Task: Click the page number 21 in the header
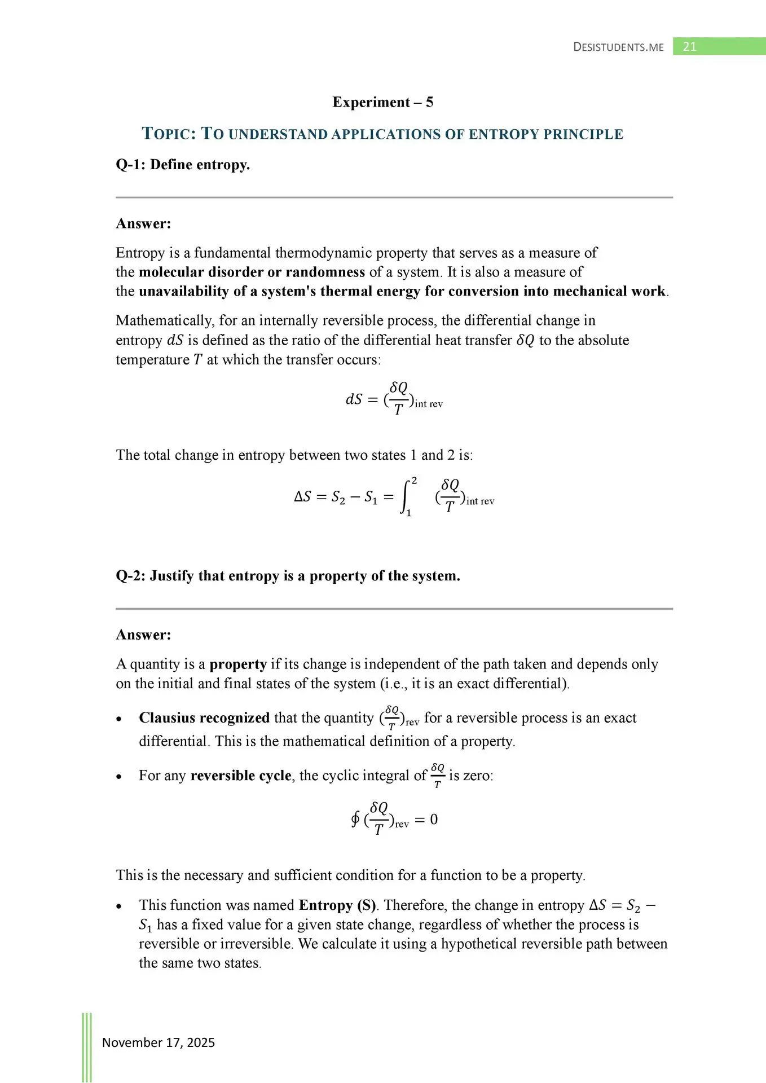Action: click(x=689, y=47)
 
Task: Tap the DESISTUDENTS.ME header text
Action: click(x=618, y=47)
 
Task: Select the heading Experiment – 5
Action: click(x=382, y=102)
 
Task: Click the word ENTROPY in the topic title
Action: click(x=504, y=134)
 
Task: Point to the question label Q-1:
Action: click(x=131, y=165)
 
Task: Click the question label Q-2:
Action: click(x=131, y=576)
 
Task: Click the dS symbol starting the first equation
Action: click(x=354, y=399)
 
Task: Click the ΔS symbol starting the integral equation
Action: click(x=302, y=497)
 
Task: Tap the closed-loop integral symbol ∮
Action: click(x=355, y=819)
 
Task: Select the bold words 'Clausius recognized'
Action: click(x=204, y=717)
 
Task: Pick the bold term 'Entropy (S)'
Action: click(x=337, y=905)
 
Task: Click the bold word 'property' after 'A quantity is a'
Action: click(x=238, y=664)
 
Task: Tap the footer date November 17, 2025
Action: click(x=159, y=1042)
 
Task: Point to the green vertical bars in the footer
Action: click(x=87, y=1047)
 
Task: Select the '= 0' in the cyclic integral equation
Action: click(x=426, y=819)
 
